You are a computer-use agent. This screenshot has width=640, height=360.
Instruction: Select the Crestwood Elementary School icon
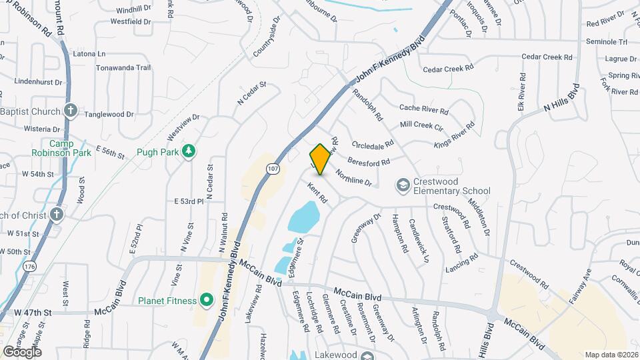(x=403, y=183)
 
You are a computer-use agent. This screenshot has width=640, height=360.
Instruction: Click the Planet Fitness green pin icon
(x=207, y=301)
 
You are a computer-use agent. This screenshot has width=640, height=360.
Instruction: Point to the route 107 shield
(x=271, y=170)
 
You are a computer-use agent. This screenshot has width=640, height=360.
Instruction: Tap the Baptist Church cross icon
(x=72, y=111)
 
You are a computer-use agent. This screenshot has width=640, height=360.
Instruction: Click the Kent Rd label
(x=317, y=194)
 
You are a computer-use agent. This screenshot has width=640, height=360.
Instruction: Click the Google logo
(x=22, y=351)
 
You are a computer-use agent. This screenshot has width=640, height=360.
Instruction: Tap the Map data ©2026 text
(x=611, y=355)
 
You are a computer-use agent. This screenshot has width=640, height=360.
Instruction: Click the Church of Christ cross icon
(x=57, y=215)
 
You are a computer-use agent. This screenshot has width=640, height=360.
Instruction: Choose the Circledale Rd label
(x=374, y=145)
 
